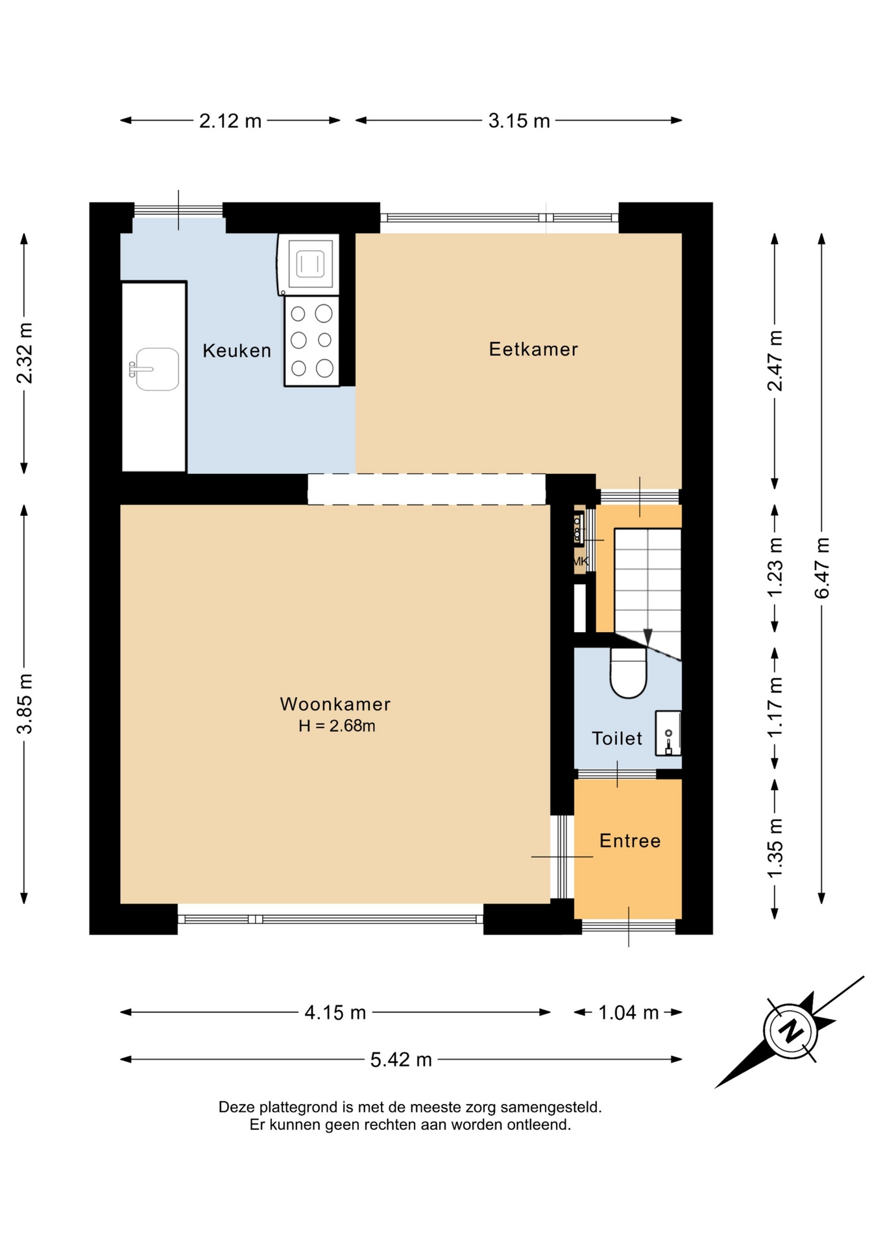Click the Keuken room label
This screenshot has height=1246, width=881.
click(x=237, y=350)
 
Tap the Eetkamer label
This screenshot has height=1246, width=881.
click(x=533, y=349)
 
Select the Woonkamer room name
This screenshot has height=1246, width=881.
click(x=335, y=704)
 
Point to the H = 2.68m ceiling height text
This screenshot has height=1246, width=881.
click(x=337, y=726)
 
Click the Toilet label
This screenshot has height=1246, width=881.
click(x=617, y=738)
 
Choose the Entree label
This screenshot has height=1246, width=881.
click(x=630, y=840)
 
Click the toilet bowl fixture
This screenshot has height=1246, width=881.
click(x=629, y=673)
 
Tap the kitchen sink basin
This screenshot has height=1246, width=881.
click(x=156, y=369)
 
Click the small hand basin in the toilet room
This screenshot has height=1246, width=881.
click(x=668, y=733)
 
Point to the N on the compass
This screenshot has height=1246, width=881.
click(x=791, y=1031)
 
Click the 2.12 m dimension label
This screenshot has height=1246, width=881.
click(x=230, y=121)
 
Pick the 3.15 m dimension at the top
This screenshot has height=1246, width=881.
click(x=519, y=121)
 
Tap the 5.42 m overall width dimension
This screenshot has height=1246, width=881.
click(x=401, y=1060)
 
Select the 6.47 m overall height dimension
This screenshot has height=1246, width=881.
click(x=822, y=568)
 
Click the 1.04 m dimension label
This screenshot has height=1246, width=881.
click(x=628, y=1012)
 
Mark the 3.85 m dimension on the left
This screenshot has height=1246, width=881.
click(x=25, y=704)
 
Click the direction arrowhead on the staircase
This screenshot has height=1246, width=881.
click(x=647, y=637)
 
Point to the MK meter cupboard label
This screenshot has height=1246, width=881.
click(x=581, y=561)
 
